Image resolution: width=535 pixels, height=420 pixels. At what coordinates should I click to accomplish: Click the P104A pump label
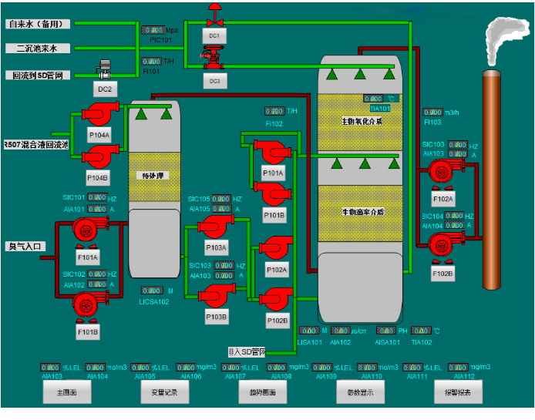(99, 134)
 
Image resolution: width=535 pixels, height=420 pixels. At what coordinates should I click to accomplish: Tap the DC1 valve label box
(214, 36)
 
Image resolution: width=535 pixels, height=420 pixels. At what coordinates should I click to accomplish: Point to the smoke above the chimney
(503, 39)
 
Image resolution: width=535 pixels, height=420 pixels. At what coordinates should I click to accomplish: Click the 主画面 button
(67, 392)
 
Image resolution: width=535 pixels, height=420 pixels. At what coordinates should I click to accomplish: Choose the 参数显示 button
(360, 392)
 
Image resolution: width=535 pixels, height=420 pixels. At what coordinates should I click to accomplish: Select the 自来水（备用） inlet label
(38, 24)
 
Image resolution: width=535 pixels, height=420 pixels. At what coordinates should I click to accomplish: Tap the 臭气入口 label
(27, 247)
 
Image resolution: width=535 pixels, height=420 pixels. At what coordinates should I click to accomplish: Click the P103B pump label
(217, 317)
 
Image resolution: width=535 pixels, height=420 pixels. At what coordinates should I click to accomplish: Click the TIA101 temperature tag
(381, 109)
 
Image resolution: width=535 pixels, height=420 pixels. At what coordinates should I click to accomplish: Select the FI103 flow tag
(433, 122)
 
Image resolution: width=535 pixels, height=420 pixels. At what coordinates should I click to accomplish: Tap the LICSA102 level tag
(154, 301)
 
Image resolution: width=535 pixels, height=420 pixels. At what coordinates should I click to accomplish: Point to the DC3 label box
(214, 80)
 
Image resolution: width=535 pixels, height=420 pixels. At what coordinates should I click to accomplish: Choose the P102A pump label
(277, 270)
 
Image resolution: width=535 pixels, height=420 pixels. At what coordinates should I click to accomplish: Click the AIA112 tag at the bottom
(464, 376)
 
